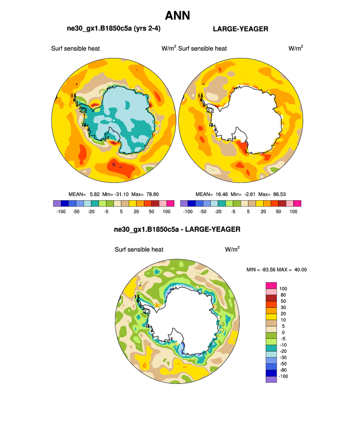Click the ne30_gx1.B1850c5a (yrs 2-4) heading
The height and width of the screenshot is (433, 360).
[113, 29]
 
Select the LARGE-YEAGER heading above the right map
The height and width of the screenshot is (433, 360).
[240, 29]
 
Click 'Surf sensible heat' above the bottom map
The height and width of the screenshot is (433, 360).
[139, 249]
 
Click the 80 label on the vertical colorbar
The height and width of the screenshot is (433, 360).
[282, 295]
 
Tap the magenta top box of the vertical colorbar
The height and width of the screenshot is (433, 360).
[271, 285]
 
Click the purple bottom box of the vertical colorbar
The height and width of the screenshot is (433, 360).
[271, 379]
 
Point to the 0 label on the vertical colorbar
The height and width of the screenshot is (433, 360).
[280, 332]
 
